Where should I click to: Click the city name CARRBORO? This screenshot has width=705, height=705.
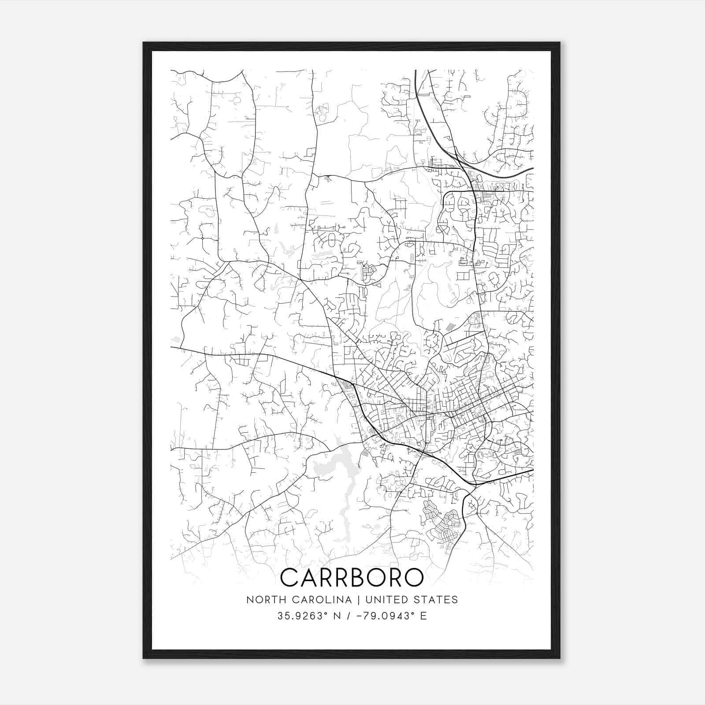point(352,578)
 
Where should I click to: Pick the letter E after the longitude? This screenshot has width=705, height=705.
point(423,616)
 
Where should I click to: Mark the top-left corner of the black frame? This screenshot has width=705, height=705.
point(144,43)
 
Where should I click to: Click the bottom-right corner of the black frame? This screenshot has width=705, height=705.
point(560,658)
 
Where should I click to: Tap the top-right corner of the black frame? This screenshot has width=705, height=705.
point(560,43)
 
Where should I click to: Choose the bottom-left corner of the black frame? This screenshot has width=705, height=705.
point(144,658)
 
